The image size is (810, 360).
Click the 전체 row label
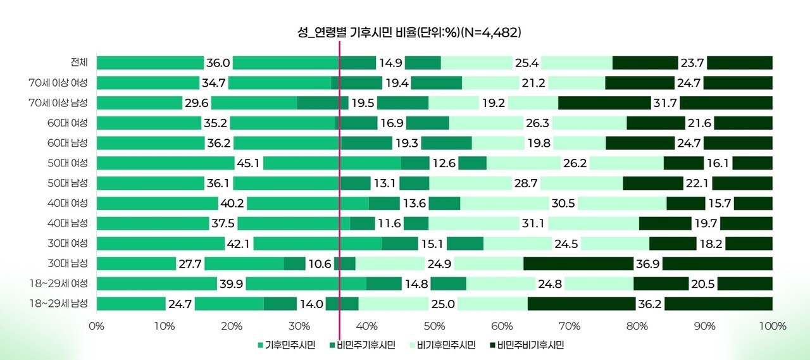click(x=80, y=62)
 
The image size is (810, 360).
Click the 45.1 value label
click(x=249, y=163)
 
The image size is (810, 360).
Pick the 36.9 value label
click(x=647, y=264)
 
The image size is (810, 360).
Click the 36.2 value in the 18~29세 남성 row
click(x=650, y=304)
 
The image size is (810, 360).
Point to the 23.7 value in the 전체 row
click(x=692, y=63)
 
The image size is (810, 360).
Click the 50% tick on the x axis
click(x=434, y=326)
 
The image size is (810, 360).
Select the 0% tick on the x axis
click(x=96, y=326)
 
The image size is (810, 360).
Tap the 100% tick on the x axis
click(x=772, y=326)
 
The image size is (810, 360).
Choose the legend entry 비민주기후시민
click(x=362, y=345)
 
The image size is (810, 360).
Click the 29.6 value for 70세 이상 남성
click(x=196, y=102)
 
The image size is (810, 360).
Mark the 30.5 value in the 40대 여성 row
click(x=563, y=203)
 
